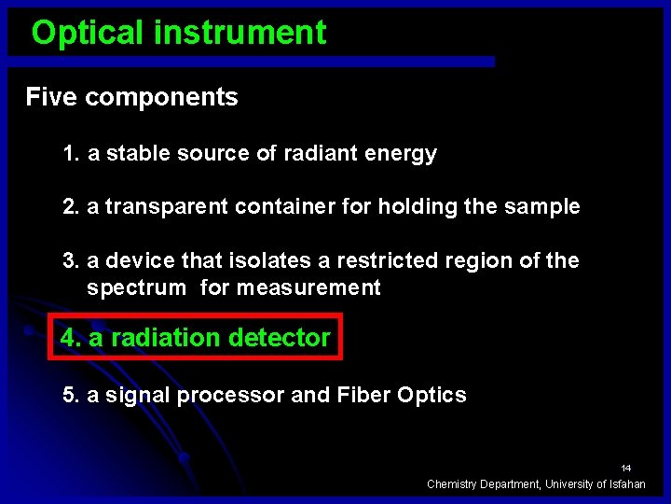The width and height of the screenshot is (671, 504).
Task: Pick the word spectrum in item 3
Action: point(136,288)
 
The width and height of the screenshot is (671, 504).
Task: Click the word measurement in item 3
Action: point(308,288)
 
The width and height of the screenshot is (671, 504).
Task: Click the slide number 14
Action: point(626,468)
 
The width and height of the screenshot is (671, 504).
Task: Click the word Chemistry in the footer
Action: point(453,483)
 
